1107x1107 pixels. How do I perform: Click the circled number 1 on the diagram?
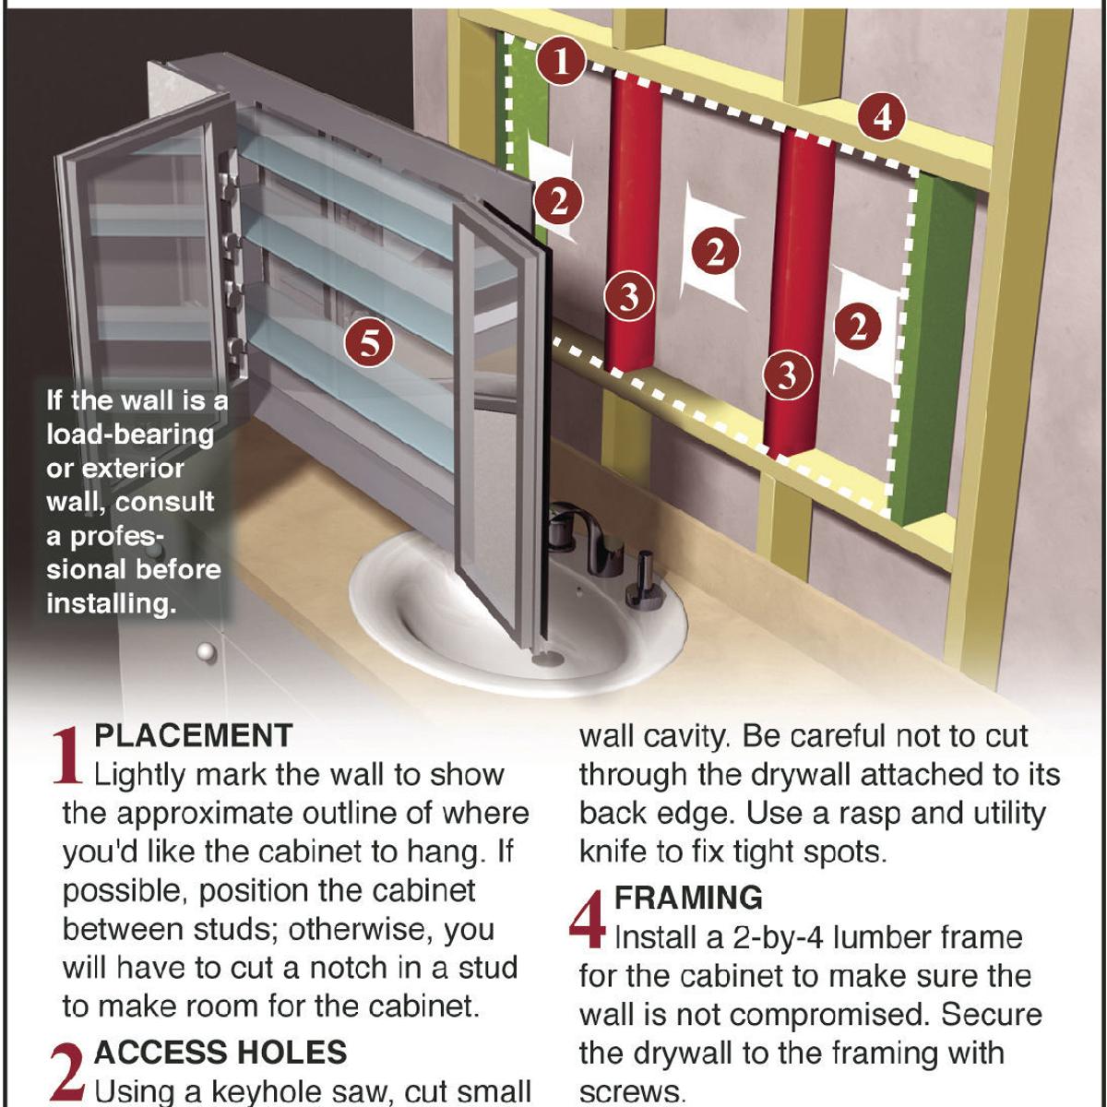pos(561,62)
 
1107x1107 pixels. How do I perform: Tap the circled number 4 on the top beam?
pos(882,118)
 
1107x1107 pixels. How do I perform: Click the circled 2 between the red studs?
pos(715,254)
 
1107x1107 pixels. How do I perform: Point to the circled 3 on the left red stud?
pos(629,297)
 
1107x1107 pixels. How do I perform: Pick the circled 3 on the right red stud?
pos(788,375)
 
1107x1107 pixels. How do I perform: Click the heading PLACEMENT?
pos(194,736)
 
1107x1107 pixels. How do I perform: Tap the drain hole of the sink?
pos(546,659)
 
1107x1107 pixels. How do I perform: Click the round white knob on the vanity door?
pos(207,652)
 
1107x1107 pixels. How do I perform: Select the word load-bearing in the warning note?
pos(130,434)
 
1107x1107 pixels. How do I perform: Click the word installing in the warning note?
pos(111,604)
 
